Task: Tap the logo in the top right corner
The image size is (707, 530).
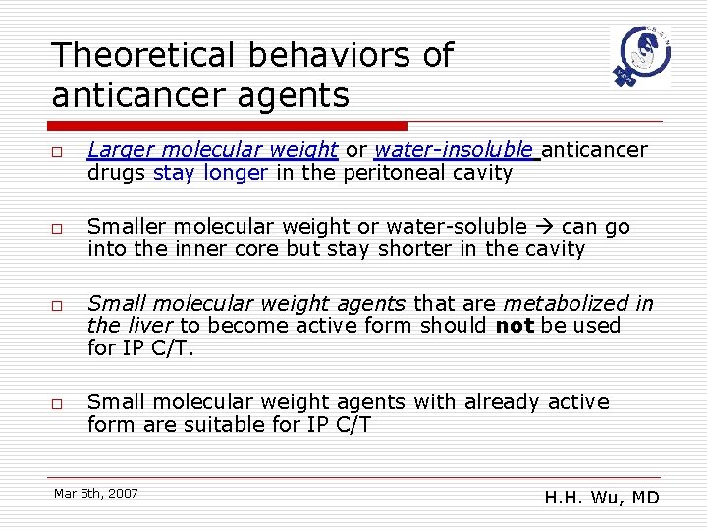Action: pos(639,58)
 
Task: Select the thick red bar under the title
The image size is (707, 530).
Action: pos(228,126)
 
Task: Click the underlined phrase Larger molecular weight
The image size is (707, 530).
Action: pos(212,150)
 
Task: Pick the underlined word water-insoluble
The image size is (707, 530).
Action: pos(457,150)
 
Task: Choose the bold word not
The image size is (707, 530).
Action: pos(514,326)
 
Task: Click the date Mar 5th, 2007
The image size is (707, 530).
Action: pos(96,493)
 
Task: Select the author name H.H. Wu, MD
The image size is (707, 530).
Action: pos(601,498)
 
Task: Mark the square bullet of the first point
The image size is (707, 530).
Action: pos(59,151)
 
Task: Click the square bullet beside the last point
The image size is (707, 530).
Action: pos(59,403)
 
